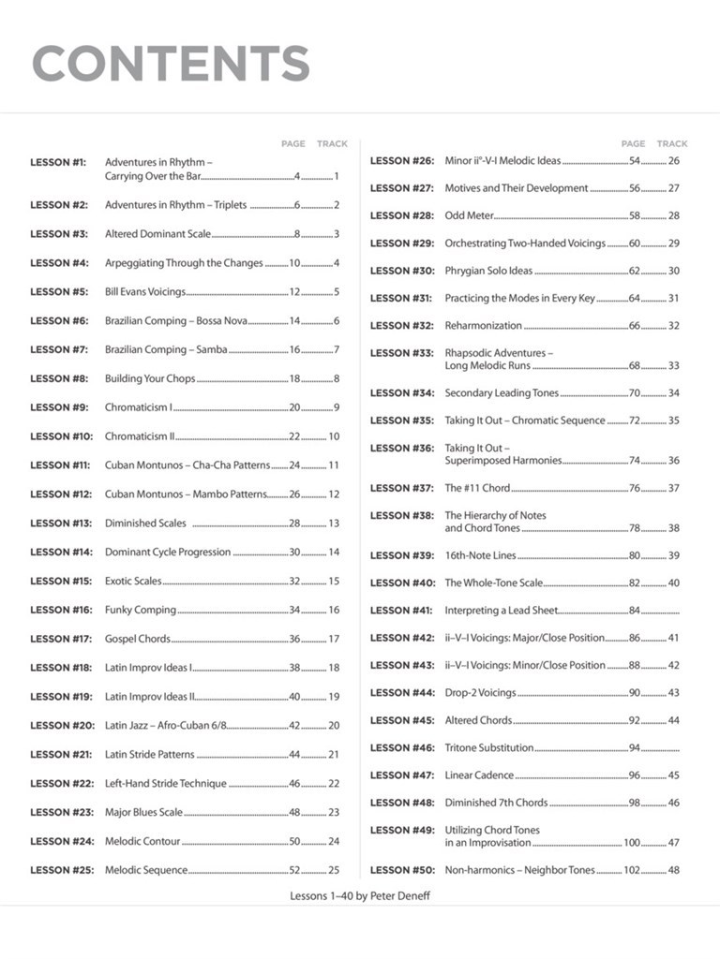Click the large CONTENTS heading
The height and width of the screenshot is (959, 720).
[171, 64]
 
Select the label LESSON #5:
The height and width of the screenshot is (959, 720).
[59, 292]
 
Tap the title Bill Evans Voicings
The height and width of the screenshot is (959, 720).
[145, 292]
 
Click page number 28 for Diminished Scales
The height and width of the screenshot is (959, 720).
[294, 524]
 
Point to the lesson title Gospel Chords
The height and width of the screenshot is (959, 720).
[138, 639]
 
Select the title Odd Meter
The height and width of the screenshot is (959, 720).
[469, 215]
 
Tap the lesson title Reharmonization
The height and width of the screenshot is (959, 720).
[483, 326]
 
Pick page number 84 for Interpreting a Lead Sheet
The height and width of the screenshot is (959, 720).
[635, 611]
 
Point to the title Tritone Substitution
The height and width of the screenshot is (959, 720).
[489, 748]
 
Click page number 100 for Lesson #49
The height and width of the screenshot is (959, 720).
[632, 843]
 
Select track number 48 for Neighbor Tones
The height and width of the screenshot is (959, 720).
[673, 870]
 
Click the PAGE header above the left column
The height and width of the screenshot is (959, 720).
[293, 144]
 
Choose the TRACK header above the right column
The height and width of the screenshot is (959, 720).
[672, 144]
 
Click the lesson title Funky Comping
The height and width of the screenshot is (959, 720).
[141, 610]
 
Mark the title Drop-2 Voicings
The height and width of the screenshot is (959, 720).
[480, 693]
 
